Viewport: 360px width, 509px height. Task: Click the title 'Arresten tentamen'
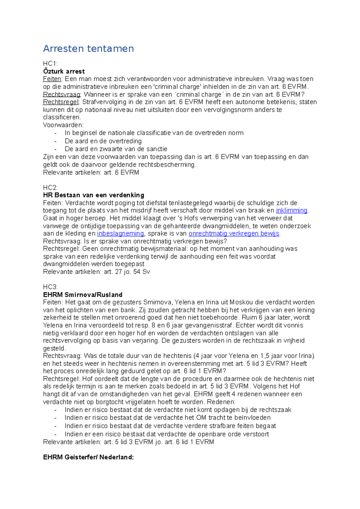pyautogui.click(x=88, y=49)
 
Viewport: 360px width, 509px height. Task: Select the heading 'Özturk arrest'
pyautogui.click(x=64, y=71)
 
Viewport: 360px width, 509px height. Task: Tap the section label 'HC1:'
pyautogui.click(x=50, y=64)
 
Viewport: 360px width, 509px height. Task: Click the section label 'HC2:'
pyautogui.click(x=50, y=188)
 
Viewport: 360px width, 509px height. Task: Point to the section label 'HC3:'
pyautogui.click(x=50, y=287)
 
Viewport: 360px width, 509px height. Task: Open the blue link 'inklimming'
pyautogui.click(x=292, y=210)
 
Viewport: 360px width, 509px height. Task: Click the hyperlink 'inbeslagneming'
pyautogui.click(x=121, y=234)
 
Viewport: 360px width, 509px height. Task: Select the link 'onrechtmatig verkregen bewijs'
pyautogui.click(x=234, y=234)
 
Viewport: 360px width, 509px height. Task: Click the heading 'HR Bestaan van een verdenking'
pyautogui.click(x=94, y=195)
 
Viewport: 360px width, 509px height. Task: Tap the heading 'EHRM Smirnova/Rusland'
pyautogui.click(x=83, y=295)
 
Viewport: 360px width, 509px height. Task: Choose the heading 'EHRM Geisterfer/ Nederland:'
pyautogui.click(x=88, y=457)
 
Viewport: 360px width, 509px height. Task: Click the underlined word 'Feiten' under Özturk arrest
pyautogui.click(x=52, y=79)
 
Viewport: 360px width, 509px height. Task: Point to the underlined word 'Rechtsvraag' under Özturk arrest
pyautogui.click(x=62, y=94)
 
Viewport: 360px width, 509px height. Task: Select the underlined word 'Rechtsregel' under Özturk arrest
pyautogui.click(x=61, y=102)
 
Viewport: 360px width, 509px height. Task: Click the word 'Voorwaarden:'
pyautogui.click(x=63, y=125)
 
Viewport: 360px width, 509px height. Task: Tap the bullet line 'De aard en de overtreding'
pyautogui.click(x=103, y=141)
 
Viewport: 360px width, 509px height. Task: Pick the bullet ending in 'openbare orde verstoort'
pyautogui.click(x=166, y=434)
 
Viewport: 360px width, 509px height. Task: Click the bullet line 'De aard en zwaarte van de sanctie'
pyautogui.click(x=116, y=149)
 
